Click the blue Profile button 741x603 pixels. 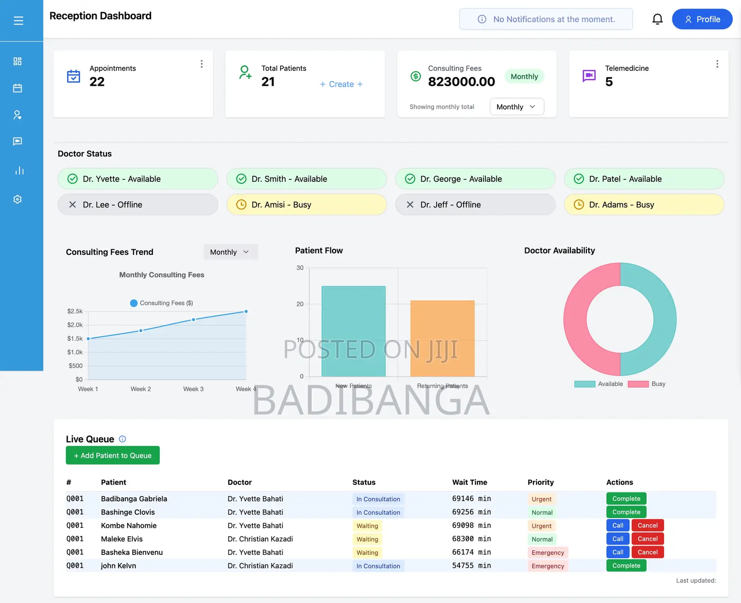pos(702,19)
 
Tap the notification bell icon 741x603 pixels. pos(657,19)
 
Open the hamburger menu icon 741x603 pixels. pos(19,20)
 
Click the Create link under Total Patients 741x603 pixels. pos(341,84)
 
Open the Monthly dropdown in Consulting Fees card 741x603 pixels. pos(516,107)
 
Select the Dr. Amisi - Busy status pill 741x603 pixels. pos(306,204)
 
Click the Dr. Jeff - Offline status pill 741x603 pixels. pos(475,204)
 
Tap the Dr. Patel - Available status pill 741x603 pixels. pos(644,178)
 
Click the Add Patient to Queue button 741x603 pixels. pos(113,455)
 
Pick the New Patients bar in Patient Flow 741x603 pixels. pos(353,331)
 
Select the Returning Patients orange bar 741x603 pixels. pos(442,338)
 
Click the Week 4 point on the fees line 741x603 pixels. pos(246,311)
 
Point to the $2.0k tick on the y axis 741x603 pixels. pos(75,325)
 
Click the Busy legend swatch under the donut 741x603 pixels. pos(638,384)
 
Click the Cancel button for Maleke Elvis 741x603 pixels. pos(647,539)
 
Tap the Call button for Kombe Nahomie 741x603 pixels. pos(617,525)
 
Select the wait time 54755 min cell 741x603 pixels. pos(471,565)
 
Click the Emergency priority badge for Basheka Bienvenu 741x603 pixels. pos(547,552)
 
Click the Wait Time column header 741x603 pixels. pos(469,482)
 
